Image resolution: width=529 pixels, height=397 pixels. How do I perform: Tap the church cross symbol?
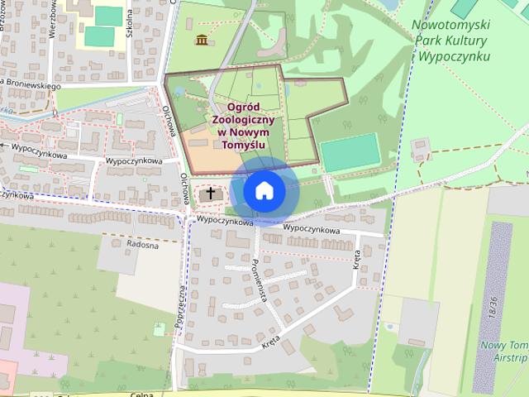(x=211, y=194)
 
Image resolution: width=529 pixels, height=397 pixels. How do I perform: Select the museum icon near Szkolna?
(x=201, y=39)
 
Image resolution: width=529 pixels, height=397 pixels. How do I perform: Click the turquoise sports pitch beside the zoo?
(x=350, y=152)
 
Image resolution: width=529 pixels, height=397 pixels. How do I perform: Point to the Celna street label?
(x=142, y=395)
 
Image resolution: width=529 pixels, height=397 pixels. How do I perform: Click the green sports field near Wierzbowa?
(x=99, y=36)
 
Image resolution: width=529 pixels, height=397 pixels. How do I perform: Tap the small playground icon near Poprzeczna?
(x=158, y=329)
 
